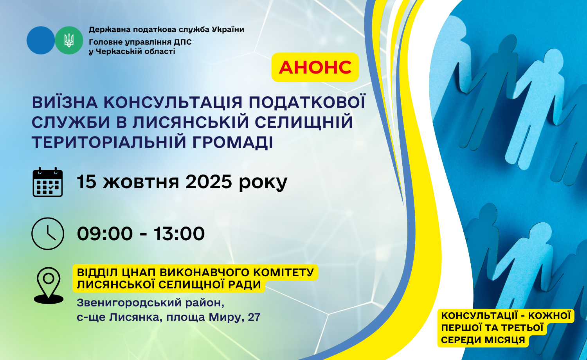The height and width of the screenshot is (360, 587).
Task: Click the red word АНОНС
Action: tap(315, 67)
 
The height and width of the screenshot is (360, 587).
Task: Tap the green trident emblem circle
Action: tap(69, 40)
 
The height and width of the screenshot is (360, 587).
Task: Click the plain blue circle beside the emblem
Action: tap(41, 40)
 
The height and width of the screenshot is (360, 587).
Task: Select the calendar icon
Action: tap(48, 182)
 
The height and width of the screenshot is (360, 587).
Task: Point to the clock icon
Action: tap(48, 234)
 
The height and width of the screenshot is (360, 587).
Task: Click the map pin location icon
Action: tap(49, 286)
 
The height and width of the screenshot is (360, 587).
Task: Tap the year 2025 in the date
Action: tap(209, 182)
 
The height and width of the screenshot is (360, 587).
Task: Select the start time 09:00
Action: tap(105, 234)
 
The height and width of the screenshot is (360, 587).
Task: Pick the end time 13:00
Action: tap(179, 234)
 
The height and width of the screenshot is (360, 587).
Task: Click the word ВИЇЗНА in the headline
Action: tap(65, 102)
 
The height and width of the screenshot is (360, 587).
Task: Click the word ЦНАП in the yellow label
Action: tap(138, 273)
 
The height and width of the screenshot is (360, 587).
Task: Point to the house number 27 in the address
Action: tap(254, 317)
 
